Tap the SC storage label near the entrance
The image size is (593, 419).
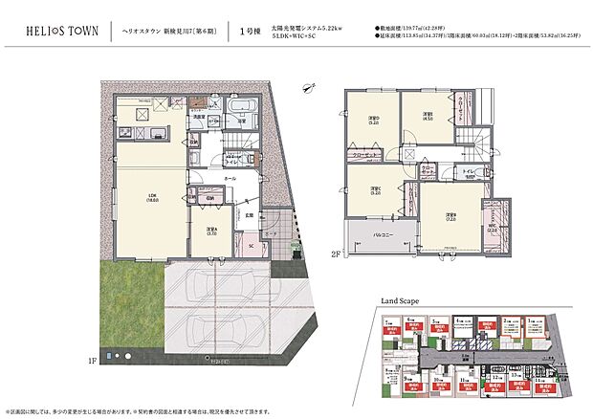[x=251, y=246]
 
